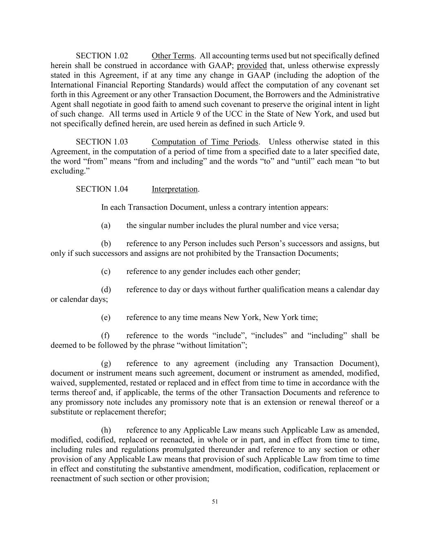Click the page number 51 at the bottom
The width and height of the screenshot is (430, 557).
pyautogui.click(x=215, y=502)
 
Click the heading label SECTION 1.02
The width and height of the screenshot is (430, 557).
pyautogui.click(x=102, y=56)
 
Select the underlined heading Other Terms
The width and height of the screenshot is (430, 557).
pyautogui.click(x=173, y=56)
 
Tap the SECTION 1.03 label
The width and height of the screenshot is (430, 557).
pyautogui.click(x=102, y=142)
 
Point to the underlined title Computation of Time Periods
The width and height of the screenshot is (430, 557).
pyautogui.click(x=205, y=142)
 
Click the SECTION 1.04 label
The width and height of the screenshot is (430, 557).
pyautogui.click(x=102, y=189)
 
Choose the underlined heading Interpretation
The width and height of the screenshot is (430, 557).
pyautogui.click(x=175, y=189)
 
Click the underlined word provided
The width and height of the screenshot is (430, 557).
pyautogui.click(x=252, y=66)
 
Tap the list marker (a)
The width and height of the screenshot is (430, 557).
pyautogui.click(x=106, y=225)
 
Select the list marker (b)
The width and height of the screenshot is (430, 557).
pyautogui.click(x=106, y=244)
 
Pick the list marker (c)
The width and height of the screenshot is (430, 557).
pyautogui.click(x=106, y=271)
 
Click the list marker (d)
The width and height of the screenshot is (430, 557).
pyautogui.click(x=106, y=290)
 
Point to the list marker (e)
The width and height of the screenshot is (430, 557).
pyautogui.click(x=106, y=317)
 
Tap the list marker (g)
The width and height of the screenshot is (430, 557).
pyautogui.click(x=106, y=364)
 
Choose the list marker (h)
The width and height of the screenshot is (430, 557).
pyautogui.click(x=106, y=430)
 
